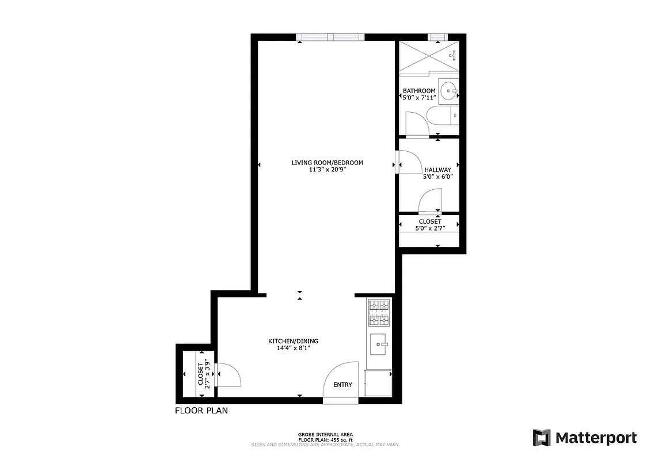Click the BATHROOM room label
[x=418, y=91]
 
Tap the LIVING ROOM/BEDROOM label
[x=327, y=163]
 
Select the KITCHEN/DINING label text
[x=293, y=341]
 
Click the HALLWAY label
[x=437, y=170]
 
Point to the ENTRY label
[x=342, y=385]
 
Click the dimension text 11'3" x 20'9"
[x=327, y=170]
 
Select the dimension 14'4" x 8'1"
[x=293, y=348]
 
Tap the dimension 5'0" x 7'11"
[x=418, y=98]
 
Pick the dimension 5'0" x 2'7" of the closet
[x=430, y=228]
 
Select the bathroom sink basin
[x=449, y=90]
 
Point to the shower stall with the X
[x=428, y=57]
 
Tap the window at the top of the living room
[x=330, y=37]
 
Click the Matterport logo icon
[x=542, y=438]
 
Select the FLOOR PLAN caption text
[x=201, y=411]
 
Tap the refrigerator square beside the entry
[x=379, y=383]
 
